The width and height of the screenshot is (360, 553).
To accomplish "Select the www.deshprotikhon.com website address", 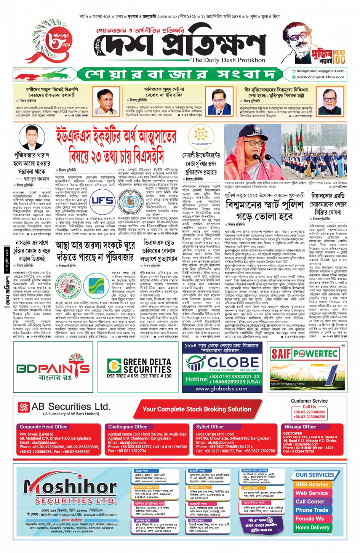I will tap(320, 77).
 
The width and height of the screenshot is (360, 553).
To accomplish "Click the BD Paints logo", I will tap(53, 368).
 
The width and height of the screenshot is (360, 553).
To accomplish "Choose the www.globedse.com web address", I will tap(221, 389).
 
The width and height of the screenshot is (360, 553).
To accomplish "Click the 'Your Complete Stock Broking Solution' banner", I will tap(197, 409).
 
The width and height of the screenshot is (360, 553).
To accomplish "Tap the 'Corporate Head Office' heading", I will tap(43, 427).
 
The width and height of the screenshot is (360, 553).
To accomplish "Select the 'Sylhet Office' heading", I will tap(210, 427).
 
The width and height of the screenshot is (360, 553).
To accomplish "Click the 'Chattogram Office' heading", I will tap(128, 427).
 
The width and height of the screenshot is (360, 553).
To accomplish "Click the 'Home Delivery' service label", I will tap(312, 527).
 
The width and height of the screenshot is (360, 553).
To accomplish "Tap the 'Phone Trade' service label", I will tap(312, 510).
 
